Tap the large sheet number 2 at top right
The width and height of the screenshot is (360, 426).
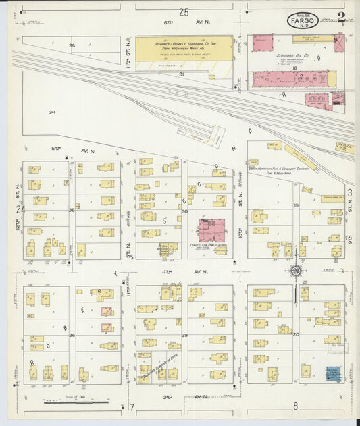pos(342,18)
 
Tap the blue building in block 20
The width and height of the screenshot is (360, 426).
pos(333,373)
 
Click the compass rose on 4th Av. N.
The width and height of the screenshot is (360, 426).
pos(295,271)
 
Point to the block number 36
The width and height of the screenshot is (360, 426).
pos(72,334)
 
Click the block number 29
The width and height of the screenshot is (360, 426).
pos(184,334)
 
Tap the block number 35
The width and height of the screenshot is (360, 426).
pos(72,211)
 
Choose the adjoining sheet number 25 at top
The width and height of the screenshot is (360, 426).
pos(184,12)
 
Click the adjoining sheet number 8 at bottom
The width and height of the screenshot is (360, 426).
pos(295,406)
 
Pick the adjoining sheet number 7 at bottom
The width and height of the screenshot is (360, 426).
pos(132,406)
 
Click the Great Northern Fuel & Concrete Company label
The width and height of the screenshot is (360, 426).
pos(278,170)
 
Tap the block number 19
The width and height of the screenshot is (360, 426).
pos(296,205)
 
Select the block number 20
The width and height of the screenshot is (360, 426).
pos(296,334)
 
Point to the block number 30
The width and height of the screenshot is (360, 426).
pos(184,211)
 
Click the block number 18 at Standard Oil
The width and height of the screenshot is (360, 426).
pos(295,68)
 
